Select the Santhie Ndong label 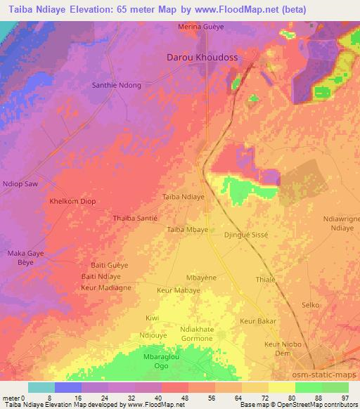(x=117, y=85)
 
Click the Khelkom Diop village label (x=72, y=201)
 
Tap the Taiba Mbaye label (x=187, y=229)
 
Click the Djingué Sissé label (x=246, y=236)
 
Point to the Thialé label (x=266, y=278)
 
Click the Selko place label (x=310, y=305)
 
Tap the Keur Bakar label (x=257, y=321)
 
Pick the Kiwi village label (x=152, y=318)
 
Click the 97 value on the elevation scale (x=345, y=397)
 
